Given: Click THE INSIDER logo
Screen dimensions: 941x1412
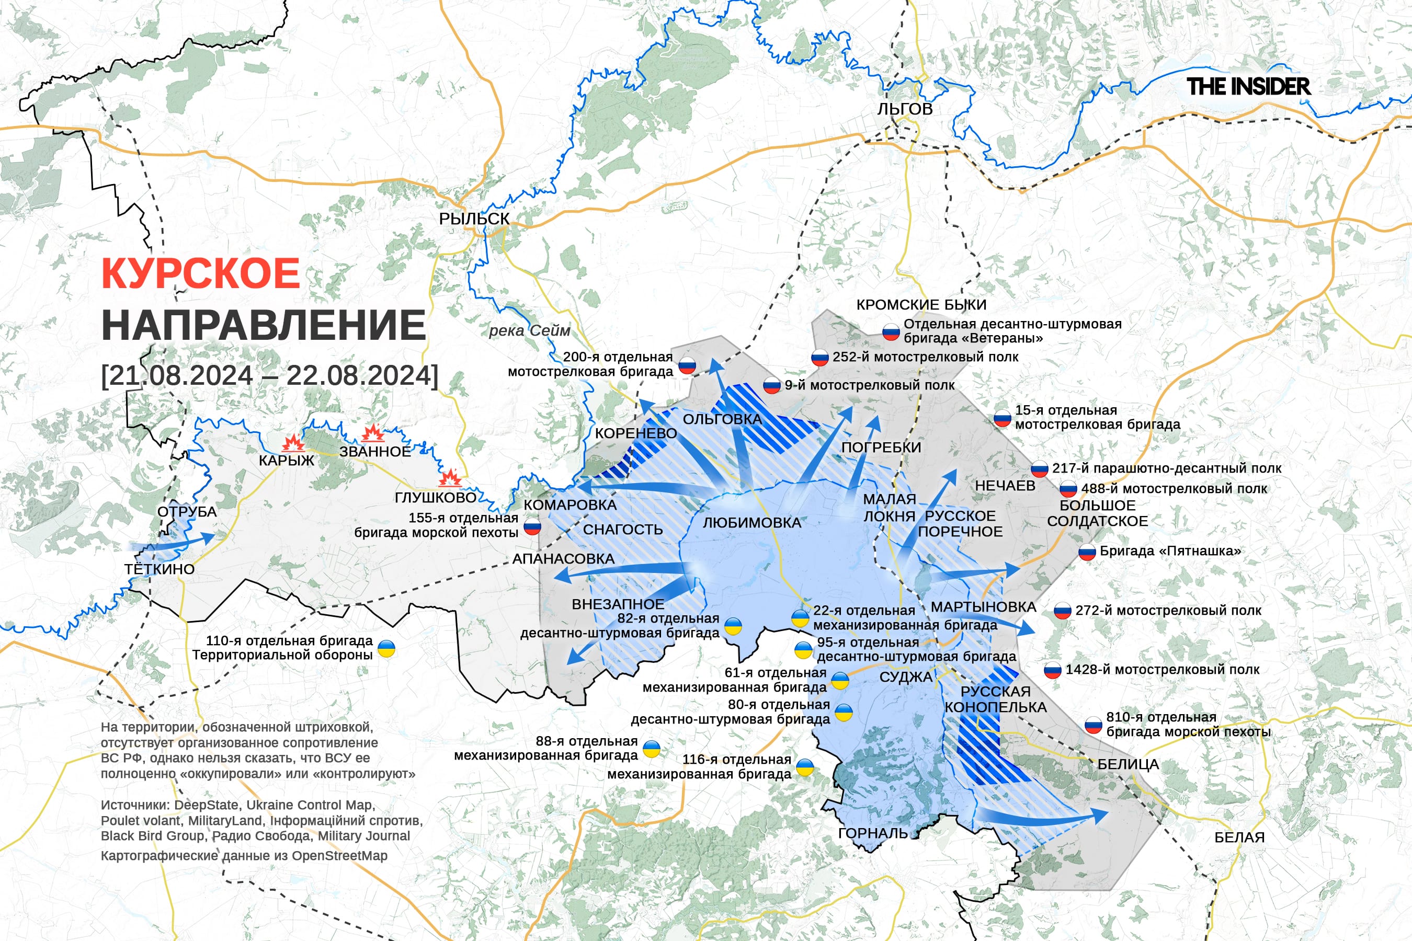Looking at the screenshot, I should click(1248, 86).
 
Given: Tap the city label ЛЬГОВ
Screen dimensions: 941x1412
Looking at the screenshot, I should click(905, 109).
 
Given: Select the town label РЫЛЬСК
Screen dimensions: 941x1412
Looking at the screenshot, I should click(474, 219).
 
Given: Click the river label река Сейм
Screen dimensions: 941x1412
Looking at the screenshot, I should click(529, 331).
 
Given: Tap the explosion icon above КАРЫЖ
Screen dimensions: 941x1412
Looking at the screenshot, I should click(293, 443).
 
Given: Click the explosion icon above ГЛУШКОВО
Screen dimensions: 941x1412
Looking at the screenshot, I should click(450, 478).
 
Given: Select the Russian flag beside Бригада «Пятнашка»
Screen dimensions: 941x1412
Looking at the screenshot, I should click(1087, 552).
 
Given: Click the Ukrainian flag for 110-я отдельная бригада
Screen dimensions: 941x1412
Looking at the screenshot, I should click(386, 648).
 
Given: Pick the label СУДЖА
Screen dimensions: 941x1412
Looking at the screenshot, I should click(906, 677).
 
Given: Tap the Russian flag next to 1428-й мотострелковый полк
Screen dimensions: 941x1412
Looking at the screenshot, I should click(1052, 670).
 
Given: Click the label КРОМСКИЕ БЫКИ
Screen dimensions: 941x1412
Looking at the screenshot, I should click(921, 305).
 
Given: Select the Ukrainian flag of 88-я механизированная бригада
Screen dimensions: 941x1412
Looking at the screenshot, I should click(652, 749).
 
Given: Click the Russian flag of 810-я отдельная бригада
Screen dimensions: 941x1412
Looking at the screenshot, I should click(1093, 725).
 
